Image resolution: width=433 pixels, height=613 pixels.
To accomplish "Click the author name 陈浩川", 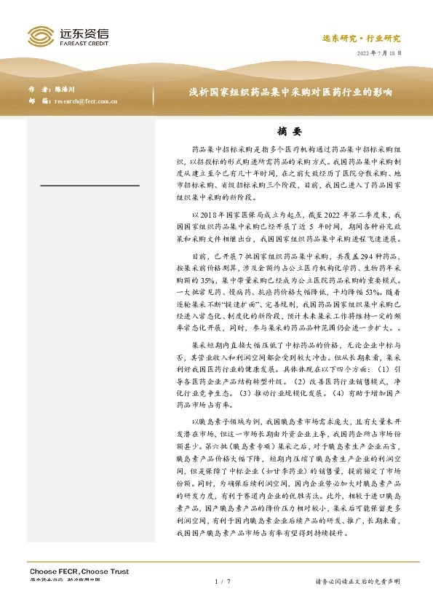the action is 67,89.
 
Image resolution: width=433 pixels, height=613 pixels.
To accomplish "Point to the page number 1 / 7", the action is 223,582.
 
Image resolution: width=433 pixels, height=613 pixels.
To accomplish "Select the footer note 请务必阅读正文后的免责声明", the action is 357,582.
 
